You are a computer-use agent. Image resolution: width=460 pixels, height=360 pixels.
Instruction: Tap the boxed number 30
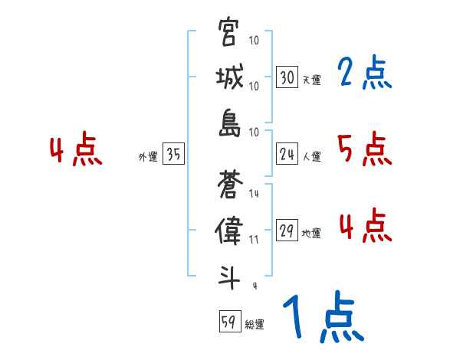(287, 77)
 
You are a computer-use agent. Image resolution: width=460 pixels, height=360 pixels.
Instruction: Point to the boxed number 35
(173, 155)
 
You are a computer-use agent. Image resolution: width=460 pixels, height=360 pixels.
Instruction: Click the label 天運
(311, 80)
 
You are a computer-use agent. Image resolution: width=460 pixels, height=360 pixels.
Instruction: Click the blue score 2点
(364, 74)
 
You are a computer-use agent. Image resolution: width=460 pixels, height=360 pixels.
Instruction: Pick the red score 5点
(364, 149)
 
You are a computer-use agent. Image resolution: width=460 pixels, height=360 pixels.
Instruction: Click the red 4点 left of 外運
(77, 149)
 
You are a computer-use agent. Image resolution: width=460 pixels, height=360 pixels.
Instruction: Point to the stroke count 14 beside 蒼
(254, 195)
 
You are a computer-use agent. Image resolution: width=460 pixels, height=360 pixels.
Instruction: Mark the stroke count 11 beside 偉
(254, 240)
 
